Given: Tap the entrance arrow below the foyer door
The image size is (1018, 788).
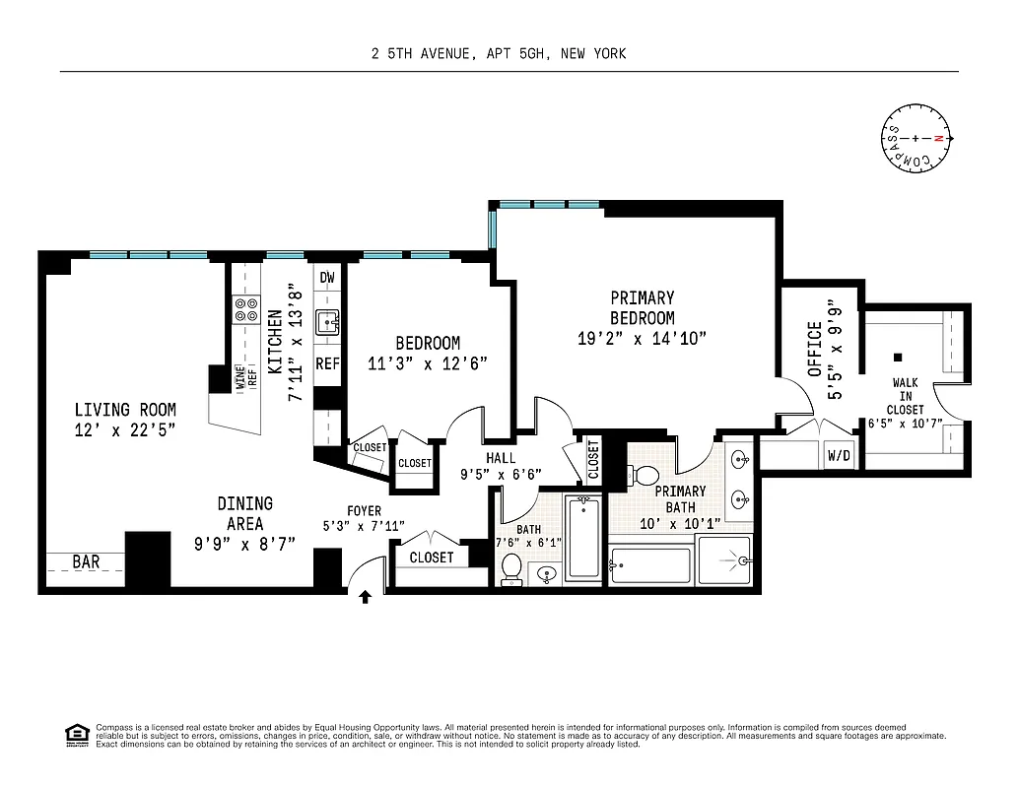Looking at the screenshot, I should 366,596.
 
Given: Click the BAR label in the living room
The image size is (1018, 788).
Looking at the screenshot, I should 86,562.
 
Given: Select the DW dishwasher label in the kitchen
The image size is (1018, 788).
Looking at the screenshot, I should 327,278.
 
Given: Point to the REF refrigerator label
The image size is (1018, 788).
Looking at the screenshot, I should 327,364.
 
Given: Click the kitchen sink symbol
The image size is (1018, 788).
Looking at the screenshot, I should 327,321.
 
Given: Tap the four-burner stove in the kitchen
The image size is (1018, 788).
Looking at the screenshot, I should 244,310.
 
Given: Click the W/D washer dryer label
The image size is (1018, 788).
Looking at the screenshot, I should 839,455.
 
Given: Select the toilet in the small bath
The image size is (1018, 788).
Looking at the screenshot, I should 511,569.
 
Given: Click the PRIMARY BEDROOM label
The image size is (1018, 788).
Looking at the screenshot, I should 642,308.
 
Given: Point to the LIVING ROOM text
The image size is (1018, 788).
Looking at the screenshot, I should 125,410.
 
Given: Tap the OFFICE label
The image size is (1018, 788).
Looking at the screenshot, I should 815,349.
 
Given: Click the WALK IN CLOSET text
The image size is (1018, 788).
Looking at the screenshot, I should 905,396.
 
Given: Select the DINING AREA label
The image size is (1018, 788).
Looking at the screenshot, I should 245,514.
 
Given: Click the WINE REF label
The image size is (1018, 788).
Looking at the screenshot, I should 245,376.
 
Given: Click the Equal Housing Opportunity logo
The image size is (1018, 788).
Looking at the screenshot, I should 75,733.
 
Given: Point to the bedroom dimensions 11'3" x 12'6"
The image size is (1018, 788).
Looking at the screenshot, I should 428,362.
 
